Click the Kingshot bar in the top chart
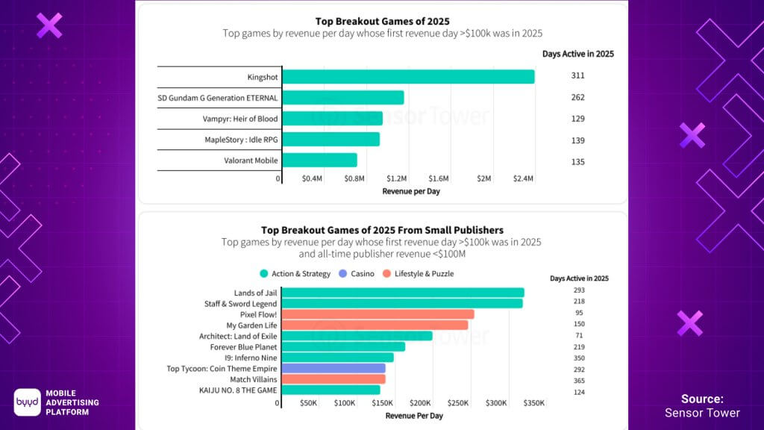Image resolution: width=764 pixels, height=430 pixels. pyautogui.click(x=409, y=76)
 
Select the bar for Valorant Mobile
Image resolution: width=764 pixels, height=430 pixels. pyautogui.click(x=320, y=160)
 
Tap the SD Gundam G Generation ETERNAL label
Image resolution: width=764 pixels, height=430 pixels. pyautogui.click(x=218, y=98)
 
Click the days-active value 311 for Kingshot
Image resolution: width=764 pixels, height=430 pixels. pyautogui.click(x=577, y=76)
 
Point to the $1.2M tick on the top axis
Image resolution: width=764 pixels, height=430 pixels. pyautogui.click(x=397, y=179)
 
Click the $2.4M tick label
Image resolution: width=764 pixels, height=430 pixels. pyautogui.click(x=523, y=179)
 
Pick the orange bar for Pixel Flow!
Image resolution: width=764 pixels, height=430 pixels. pyautogui.click(x=378, y=314)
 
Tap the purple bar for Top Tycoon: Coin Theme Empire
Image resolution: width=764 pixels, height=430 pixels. pyautogui.click(x=334, y=368)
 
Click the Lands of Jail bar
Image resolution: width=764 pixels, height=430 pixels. pyautogui.click(x=403, y=293)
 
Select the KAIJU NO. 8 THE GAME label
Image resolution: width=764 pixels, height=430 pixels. pyautogui.click(x=238, y=390)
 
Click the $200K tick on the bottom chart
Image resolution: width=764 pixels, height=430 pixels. pyautogui.click(x=420, y=403)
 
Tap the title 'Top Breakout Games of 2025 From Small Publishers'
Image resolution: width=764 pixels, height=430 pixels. pyautogui.click(x=382, y=230)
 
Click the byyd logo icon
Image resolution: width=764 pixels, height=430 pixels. pyautogui.click(x=28, y=402)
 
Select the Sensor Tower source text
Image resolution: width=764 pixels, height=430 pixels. pyautogui.click(x=702, y=413)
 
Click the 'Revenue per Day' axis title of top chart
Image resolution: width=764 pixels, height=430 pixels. pyautogui.click(x=411, y=192)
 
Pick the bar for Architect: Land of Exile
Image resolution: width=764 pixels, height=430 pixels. pyautogui.click(x=357, y=336)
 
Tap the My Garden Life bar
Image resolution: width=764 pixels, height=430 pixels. pyautogui.click(x=375, y=325)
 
